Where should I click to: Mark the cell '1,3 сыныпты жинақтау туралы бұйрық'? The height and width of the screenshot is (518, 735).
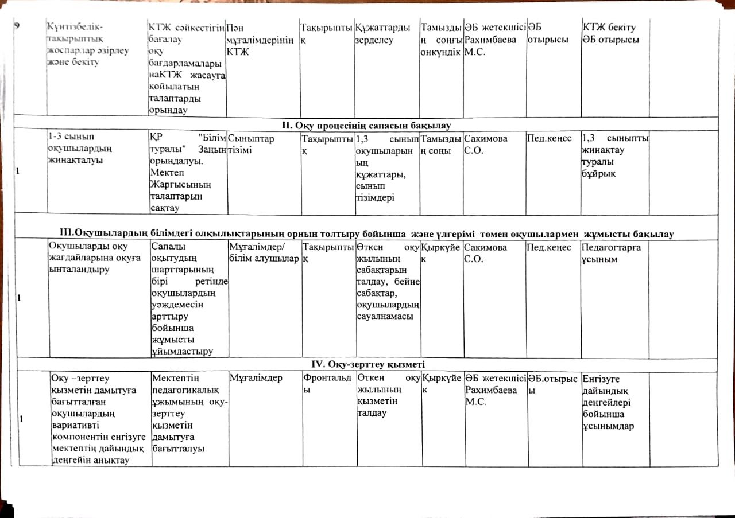coord(615,156)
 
